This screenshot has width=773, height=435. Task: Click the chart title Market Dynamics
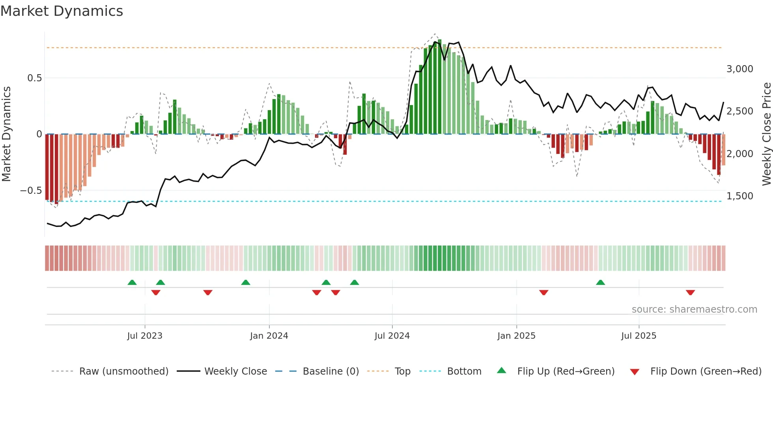pos(62,11)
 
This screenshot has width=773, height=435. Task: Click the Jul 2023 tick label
pos(145,336)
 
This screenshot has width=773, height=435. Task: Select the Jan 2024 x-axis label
pos(269,336)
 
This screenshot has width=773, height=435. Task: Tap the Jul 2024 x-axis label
pos(392,336)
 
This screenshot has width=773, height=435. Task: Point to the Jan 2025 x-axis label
pos(516,336)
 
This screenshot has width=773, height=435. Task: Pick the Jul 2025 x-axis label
pos(639,336)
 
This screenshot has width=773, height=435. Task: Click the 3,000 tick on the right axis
pos(739,69)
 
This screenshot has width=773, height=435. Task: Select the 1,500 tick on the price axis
pos(739,196)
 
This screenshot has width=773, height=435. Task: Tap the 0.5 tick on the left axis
pos(35,78)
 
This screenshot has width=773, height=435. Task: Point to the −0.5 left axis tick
pos(31,191)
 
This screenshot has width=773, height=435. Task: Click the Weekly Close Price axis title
pos(766,134)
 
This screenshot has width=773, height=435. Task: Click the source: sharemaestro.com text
pos(694,309)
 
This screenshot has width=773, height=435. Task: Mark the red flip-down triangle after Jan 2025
pos(543,292)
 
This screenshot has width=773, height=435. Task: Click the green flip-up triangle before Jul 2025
pos(600,282)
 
